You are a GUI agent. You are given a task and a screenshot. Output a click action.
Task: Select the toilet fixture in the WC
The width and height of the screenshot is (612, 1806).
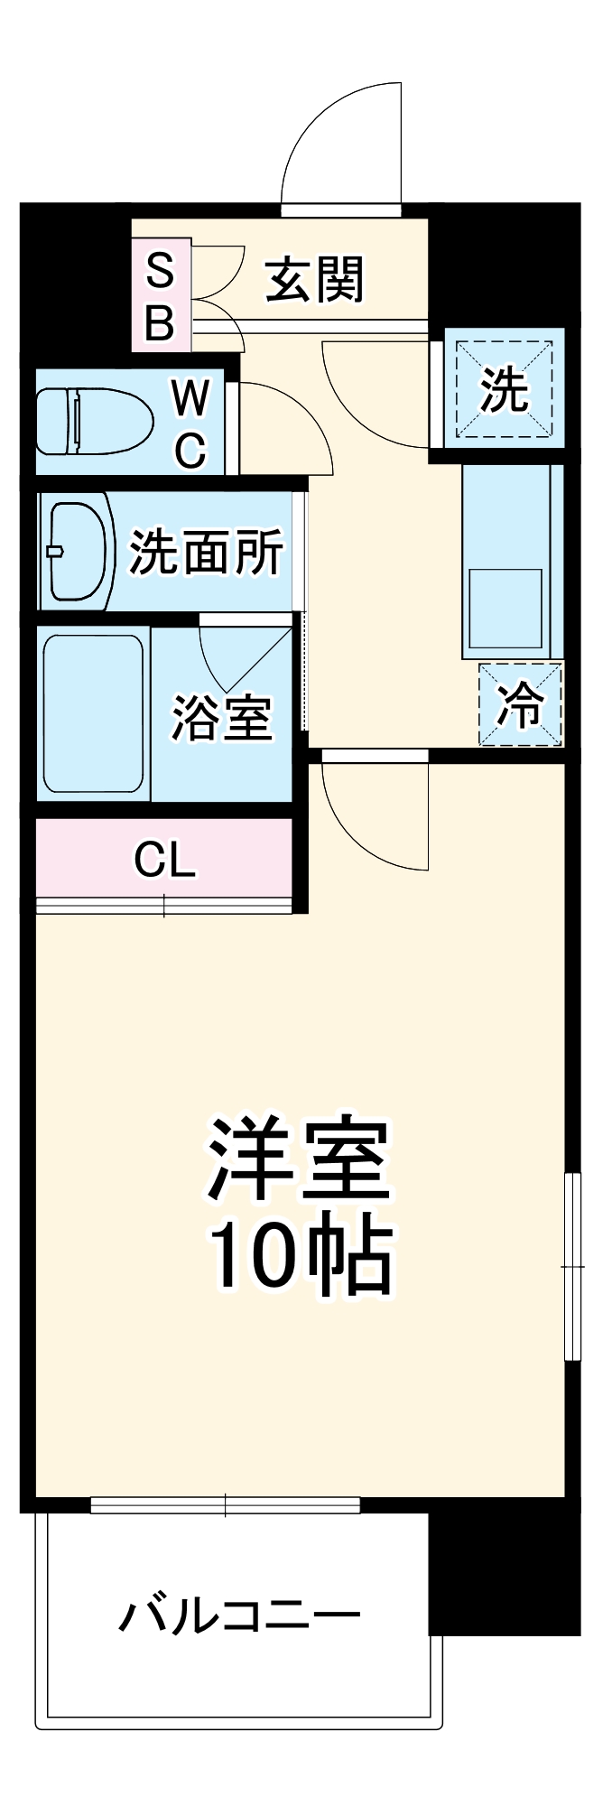tap(93, 420)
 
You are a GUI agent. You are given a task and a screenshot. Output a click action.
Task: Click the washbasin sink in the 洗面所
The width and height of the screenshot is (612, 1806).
tap(78, 551)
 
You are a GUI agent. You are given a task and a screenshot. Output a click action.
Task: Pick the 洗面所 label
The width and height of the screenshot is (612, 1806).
tap(206, 552)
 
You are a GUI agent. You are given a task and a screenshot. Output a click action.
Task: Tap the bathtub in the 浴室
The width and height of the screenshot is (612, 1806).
tap(93, 713)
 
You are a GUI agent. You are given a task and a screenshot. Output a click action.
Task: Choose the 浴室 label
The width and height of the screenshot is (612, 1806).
tap(222, 719)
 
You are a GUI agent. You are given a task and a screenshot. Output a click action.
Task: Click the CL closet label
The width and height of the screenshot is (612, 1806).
tap(164, 860)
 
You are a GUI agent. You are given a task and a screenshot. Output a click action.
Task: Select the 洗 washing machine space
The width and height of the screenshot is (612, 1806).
tap(504, 388)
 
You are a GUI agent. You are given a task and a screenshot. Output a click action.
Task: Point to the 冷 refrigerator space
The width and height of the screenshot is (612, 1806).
tap(521, 705)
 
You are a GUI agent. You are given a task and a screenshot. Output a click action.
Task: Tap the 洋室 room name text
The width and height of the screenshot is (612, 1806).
tap(299, 1161)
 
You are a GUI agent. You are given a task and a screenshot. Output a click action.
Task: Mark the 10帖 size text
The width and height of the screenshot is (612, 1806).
tap(301, 1257)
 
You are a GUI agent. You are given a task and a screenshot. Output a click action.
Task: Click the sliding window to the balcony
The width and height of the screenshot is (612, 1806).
tap(226, 1505)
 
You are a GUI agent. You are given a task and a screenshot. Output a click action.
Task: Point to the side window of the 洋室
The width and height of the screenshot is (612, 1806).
tap(571, 1265)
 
